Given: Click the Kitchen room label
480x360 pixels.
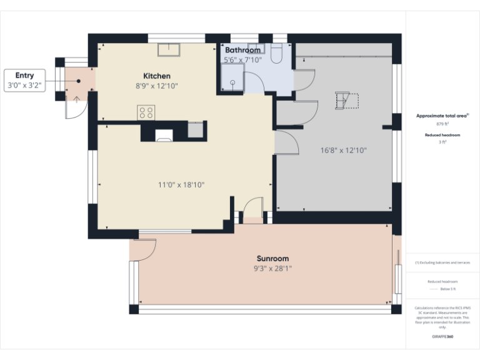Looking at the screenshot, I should [x=152, y=76].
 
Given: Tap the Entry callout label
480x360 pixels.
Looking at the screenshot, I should [x=25, y=76].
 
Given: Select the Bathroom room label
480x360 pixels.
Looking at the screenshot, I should [x=242, y=50].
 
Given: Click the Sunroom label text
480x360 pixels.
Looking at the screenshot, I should [x=272, y=258].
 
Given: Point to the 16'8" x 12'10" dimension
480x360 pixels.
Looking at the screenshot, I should [x=343, y=150].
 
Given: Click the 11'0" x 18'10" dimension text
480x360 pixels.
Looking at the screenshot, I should [x=181, y=184].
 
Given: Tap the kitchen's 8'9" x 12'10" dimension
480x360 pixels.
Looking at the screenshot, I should [x=152, y=86].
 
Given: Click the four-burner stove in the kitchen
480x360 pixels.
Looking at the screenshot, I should [x=146, y=112].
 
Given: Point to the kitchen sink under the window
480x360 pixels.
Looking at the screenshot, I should [x=169, y=49].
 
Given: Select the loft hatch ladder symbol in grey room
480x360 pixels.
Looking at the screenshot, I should [x=346, y=101].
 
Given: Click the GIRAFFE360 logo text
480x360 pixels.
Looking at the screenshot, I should [x=442, y=337].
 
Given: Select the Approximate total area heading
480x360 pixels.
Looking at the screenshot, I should [x=442, y=116].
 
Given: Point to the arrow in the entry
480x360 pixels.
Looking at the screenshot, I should [x=76, y=99].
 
